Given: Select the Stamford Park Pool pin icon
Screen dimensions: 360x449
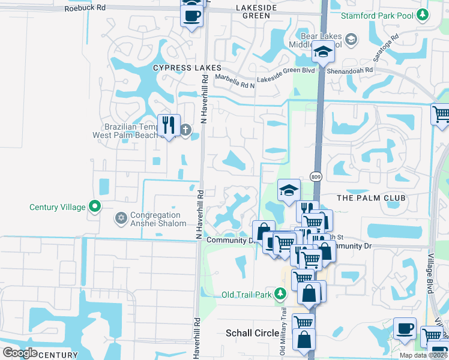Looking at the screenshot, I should (424, 14).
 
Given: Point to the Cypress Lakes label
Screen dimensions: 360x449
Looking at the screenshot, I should (187, 68).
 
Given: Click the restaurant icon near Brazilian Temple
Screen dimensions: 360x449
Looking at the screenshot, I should (169, 125).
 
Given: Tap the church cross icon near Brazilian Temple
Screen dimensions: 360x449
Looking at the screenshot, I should (186, 129).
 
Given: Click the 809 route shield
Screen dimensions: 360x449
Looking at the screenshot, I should (316, 176).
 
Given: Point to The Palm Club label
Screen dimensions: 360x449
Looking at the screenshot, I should (371, 198).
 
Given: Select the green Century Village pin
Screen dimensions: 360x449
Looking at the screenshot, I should (95, 207).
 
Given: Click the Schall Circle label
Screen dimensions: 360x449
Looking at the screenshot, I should (250, 332).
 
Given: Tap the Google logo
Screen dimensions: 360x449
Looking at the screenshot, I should (20, 353).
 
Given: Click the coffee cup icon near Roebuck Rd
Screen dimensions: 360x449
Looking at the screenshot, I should (192, 16).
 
